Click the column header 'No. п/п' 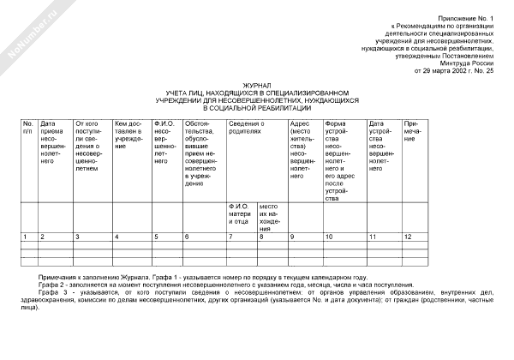pyautogui.click(x=28, y=127)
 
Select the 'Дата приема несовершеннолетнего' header pyautogui.click(x=54, y=141)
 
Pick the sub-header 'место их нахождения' pyautogui.click(x=271, y=218)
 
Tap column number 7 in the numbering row pyautogui.click(x=230, y=236)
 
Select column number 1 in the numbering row pyautogui.click(x=25, y=236)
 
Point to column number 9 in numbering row pyautogui.click(x=293, y=236)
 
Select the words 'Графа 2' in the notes pyautogui.click(x=48, y=285)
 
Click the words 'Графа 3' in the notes pyautogui.click(x=48, y=292)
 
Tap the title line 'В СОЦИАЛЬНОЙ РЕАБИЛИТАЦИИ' pyautogui.click(x=257, y=108)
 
